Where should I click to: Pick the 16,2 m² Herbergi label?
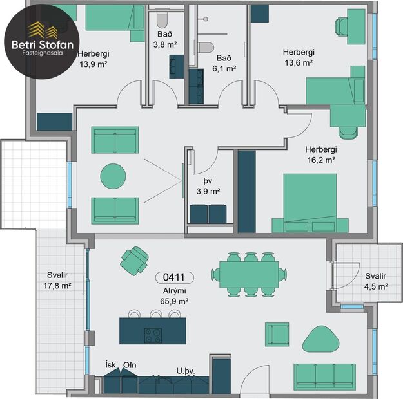click(x=321, y=153)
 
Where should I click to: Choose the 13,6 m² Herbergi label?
click(x=298, y=58)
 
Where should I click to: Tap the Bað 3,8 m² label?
click(x=164, y=39)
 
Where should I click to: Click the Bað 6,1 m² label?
click(x=225, y=62)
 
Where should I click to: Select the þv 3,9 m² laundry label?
click(x=208, y=186)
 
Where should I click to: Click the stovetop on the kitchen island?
click(x=153, y=335)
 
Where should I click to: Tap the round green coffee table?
click(x=113, y=176)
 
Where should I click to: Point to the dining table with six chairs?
click(x=250, y=274)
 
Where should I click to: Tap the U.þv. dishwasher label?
click(x=186, y=371)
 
